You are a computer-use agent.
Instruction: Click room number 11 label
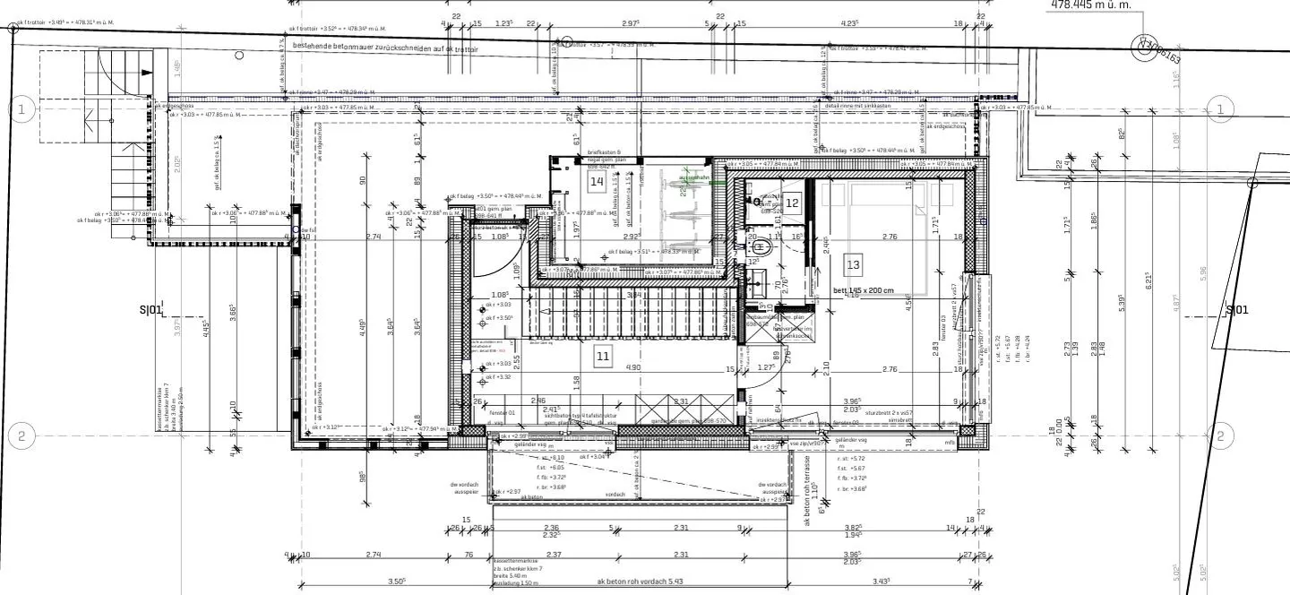tap(603, 357)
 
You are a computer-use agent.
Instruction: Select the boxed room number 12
tap(792, 203)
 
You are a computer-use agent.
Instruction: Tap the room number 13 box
tap(853, 264)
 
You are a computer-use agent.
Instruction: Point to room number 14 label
tap(597, 180)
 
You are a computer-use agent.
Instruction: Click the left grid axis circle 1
tap(22, 109)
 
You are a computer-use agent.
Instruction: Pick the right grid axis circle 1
tap(1218, 109)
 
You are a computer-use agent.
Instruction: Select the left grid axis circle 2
tap(22, 437)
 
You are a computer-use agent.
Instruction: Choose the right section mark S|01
tap(1236, 310)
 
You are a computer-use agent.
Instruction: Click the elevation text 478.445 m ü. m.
tap(1091, 5)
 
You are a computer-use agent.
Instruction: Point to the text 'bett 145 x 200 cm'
tap(864, 290)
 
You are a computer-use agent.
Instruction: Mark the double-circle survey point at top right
tap(1144, 47)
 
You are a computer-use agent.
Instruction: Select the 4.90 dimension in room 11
tap(633, 367)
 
